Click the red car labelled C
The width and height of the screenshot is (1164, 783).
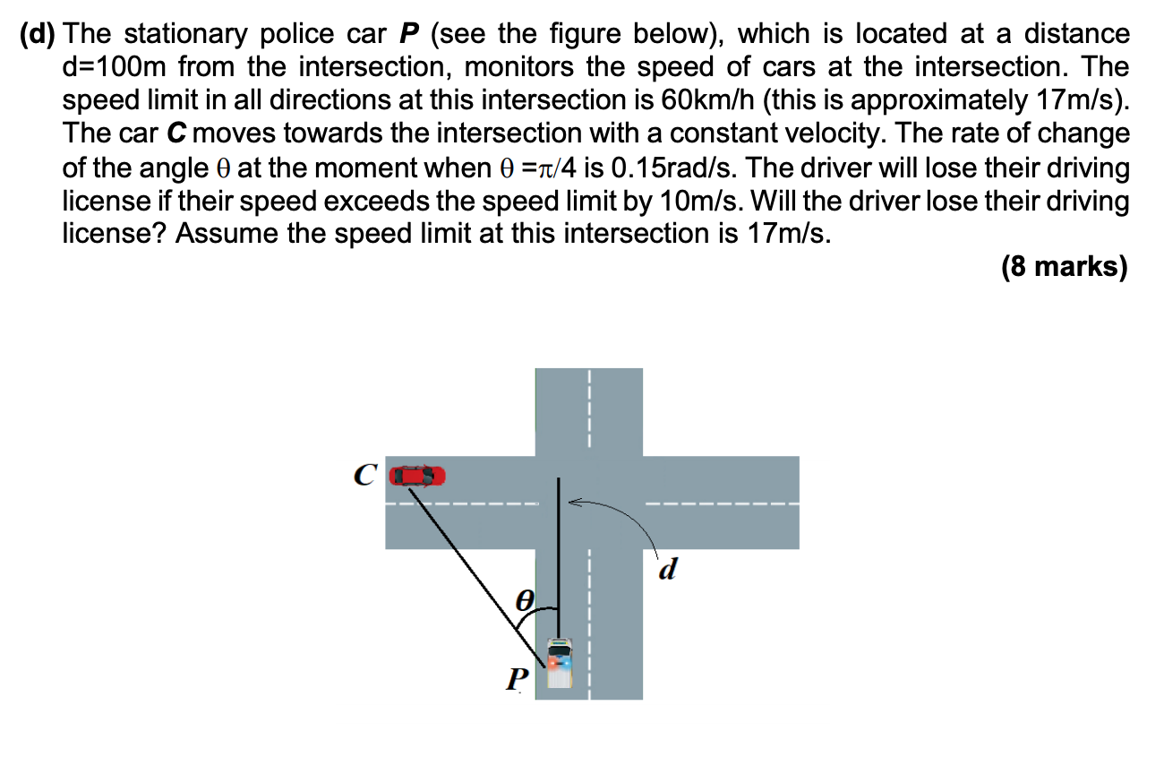(418, 475)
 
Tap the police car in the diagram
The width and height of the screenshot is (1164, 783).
(560, 664)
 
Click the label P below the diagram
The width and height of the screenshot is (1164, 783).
(514, 679)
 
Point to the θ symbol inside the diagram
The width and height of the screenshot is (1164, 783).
(527, 598)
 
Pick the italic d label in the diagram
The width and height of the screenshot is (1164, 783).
(665, 569)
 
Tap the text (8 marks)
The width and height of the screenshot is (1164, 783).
(1065, 267)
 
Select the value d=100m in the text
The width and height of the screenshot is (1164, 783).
(116, 68)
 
